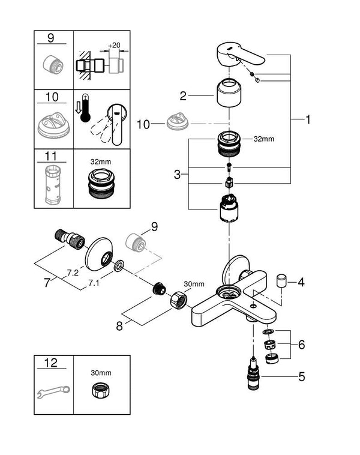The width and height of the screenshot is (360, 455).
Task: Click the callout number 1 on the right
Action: [308, 119]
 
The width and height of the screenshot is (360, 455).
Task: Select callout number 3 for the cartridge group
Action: [177, 175]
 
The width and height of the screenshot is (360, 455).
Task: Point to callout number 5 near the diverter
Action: [302, 377]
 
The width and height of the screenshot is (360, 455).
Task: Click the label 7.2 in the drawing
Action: [73, 273]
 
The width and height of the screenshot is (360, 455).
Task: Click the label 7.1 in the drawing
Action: [95, 281]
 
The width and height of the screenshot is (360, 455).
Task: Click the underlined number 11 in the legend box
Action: [53, 157]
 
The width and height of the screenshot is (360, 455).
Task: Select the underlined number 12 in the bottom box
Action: [53, 363]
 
